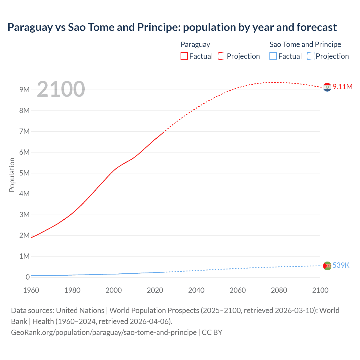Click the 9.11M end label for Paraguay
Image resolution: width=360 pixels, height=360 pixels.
coord(342,87)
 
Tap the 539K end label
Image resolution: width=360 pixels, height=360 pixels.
coord(341,265)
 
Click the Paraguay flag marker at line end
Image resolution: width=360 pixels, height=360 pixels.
coord(327,87)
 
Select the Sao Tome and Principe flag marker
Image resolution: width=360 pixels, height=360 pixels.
coord(327,266)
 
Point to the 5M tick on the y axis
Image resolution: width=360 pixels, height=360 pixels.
coord(24,173)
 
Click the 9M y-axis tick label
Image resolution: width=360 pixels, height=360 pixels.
coord(24,90)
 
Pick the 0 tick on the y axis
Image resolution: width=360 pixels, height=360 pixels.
coord(28,277)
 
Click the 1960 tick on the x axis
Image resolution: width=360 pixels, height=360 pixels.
coord(31,290)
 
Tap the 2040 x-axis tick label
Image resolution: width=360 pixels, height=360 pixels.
coord(196,290)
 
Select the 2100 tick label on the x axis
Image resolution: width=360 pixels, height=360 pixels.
coord(320,290)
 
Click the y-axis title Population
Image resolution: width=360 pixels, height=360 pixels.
coord(12,175)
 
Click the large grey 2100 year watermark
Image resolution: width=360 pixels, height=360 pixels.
coord(61,89)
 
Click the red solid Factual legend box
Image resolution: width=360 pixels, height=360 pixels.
coord(184,56)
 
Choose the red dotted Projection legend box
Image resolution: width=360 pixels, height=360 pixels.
coord(222,56)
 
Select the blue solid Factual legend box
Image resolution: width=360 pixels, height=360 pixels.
coord(273,56)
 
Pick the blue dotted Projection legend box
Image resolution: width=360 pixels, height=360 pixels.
coord(311,56)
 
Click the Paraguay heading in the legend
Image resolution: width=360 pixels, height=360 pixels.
coord(195,44)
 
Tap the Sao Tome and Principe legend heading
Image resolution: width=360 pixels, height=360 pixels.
coord(305,44)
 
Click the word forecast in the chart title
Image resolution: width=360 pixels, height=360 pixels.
coord(316,27)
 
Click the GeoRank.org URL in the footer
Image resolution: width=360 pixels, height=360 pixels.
coord(104,332)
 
